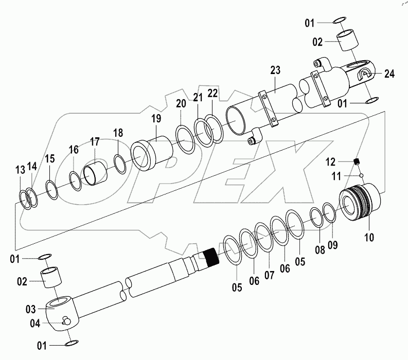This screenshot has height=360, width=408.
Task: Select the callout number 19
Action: click(156, 119)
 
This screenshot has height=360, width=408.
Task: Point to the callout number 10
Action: click(370, 237)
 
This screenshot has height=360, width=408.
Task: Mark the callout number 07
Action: click(270, 275)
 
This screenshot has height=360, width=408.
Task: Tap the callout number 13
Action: click(20, 170)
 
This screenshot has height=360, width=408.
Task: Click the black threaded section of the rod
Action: click(211, 256)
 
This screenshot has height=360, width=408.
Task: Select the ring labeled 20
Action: click(185, 138)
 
